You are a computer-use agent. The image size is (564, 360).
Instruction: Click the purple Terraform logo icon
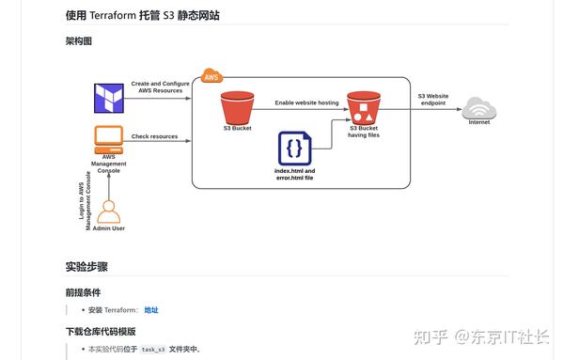click(109, 98)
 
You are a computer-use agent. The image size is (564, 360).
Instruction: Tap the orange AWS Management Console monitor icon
click(109, 139)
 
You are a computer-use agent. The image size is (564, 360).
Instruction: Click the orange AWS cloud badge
click(211, 76)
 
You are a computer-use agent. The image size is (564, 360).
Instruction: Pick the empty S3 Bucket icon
click(238, 107)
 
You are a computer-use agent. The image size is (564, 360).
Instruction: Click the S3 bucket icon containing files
click(363, 109)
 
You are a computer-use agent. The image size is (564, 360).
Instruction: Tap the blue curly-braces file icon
click(294, 149)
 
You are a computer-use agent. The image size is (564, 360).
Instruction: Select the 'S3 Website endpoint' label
click(433, 99)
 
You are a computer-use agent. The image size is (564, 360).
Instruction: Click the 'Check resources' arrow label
click(155, 136)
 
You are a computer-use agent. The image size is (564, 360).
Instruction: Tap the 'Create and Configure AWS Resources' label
click(159, 86)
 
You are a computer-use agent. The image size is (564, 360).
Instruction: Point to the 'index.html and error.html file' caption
click(294, 175)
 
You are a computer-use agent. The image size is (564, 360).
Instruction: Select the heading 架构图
click(79, 41)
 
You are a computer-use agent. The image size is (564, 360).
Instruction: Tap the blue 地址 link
click(151, 309)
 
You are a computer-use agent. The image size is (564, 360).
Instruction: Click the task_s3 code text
click(153, 349)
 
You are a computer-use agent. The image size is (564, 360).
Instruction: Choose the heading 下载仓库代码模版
click(101, 331)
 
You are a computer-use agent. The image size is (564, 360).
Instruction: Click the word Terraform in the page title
click(115, 16)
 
